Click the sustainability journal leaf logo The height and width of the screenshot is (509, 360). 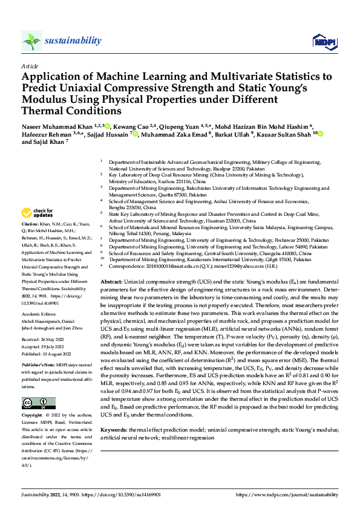(31, 41)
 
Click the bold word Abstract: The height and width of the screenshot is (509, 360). (111, 282)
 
